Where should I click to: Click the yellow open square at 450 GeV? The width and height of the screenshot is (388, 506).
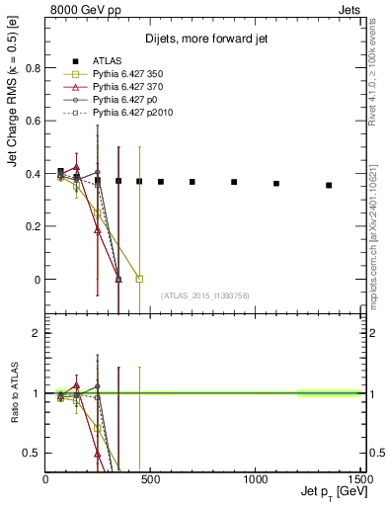pos(139,279)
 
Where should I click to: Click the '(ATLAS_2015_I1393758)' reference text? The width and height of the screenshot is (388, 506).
pos(205,295)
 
